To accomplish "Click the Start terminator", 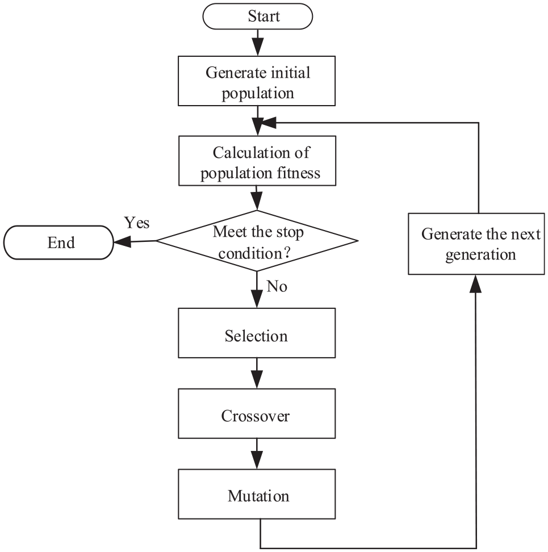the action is (x=258, y=16).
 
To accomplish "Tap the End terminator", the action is (x=58, y=242).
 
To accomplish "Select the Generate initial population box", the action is (x=257, y=81).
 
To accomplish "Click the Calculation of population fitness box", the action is (x=257, y=161).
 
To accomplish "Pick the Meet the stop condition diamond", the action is (x=257, y=241).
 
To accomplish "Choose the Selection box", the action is (x=257, y=333).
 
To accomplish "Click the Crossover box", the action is (x=257, y=413).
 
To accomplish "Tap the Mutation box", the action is (x=257, y=494).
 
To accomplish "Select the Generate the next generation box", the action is (x=476, y=244).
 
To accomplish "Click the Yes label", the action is (x=137, y=223).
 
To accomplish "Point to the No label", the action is (x=277, y=286).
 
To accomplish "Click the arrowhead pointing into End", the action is (x=122, y=242).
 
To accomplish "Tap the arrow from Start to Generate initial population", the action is (x=258, y=43).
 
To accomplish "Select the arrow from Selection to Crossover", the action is (x=257, y=373).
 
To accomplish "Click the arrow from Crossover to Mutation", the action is (x=257, y=454).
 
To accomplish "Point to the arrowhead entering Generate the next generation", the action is (x=475, y=284).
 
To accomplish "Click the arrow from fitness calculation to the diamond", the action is (x=257, y=198).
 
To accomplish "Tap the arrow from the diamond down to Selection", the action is (x=257, y=290).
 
